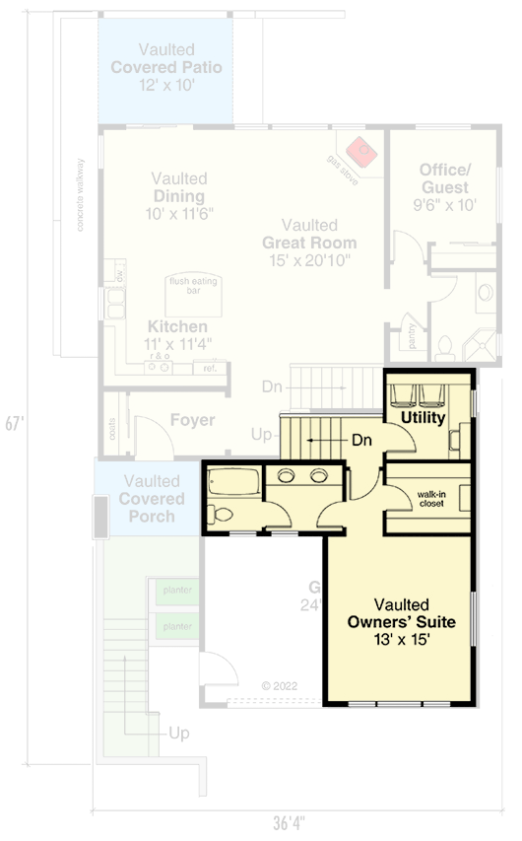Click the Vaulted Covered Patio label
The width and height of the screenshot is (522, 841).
pos(165,67)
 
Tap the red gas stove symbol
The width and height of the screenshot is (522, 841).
pos(363,151)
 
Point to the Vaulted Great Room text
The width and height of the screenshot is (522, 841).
pos(308,243)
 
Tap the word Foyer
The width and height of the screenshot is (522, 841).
pos(192,420)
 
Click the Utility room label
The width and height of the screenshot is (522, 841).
pos(423,418)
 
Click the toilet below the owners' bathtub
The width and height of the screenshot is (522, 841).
pos(223,515)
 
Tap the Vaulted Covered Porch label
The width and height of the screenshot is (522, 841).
pos(152,499)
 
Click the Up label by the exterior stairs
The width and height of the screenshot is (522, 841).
pos(179,734)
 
